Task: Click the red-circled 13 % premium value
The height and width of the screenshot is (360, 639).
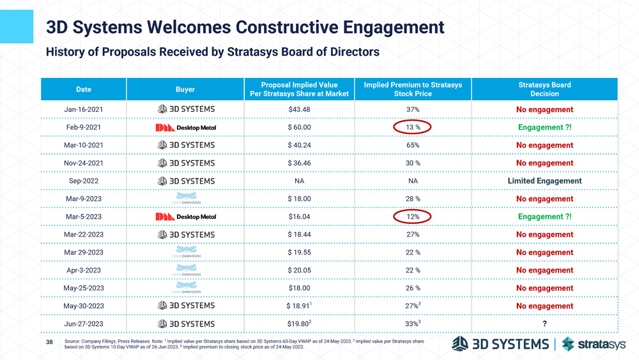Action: click(413, 127)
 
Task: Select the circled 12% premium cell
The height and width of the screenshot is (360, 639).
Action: click(413, 217)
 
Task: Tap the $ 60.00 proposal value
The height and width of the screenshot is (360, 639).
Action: click(299, 127)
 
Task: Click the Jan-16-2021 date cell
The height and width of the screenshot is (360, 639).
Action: click(84, 109)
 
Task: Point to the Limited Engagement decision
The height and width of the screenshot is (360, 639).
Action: click(544, 181)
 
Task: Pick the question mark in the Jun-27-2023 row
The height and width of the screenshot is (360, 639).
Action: click(544, 324)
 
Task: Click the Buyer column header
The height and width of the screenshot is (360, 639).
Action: click(185, 90)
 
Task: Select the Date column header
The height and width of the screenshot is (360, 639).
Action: click(84, 90)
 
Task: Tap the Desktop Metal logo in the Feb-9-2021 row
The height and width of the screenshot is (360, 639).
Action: click(186, 127)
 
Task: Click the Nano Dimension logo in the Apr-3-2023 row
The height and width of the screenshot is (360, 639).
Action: click(186, 270)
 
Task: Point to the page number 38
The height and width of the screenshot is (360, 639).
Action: click(50, 343)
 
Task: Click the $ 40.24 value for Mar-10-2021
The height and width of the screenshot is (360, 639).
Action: click(299, 145)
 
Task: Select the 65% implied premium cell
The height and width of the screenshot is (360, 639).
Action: click(413, 145)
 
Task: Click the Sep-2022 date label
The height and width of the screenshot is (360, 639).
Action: click(84, 181)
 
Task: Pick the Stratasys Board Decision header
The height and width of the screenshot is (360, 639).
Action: click(544, 90)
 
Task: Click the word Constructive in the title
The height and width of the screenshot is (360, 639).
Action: click(289, 27)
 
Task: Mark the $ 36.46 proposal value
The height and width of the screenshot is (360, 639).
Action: click(299, 163)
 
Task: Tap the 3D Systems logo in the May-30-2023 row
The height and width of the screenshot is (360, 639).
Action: click(186, 306)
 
